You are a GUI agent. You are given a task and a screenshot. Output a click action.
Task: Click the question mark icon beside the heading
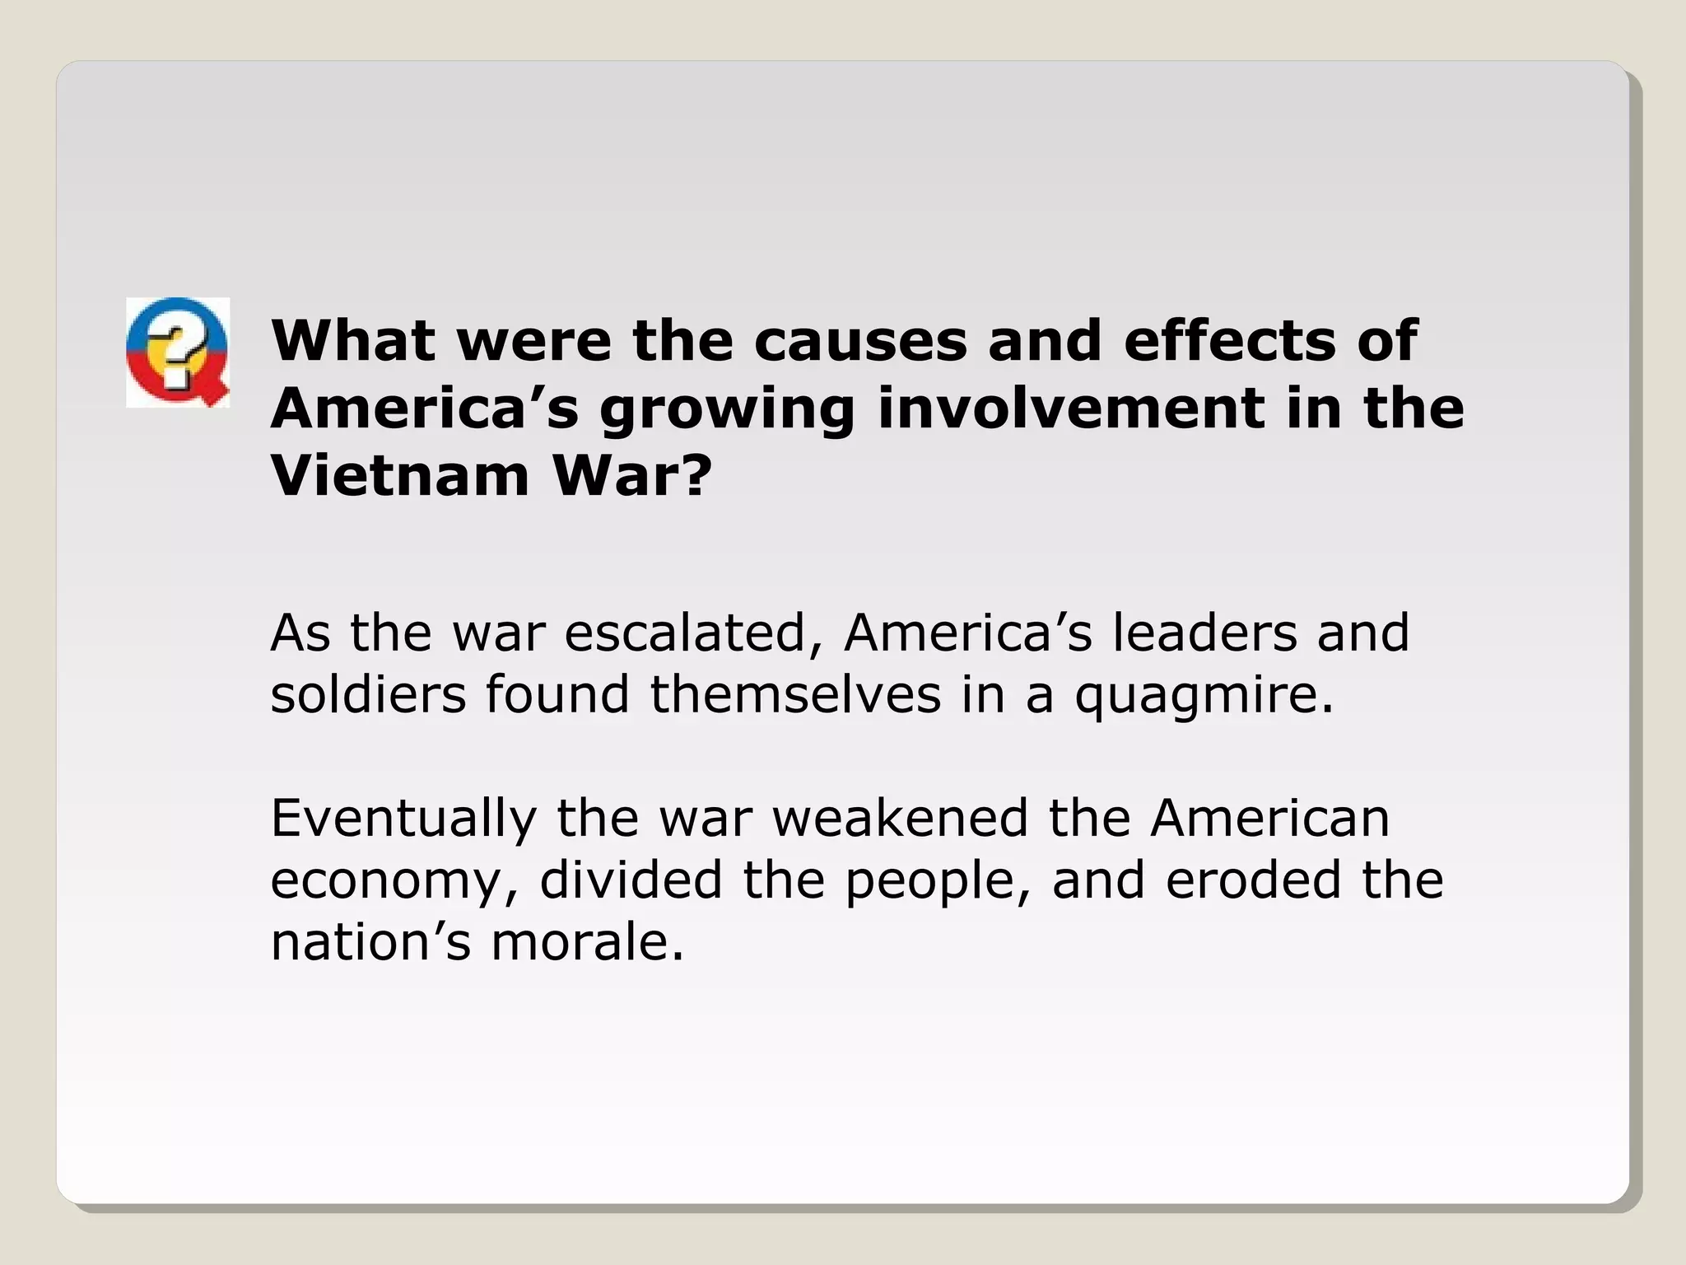point(178,352)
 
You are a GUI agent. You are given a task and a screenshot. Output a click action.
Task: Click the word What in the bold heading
point(352,340)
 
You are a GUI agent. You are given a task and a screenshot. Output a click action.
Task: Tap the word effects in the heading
point(1228,340)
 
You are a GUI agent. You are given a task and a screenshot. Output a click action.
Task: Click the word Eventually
point(403,819)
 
